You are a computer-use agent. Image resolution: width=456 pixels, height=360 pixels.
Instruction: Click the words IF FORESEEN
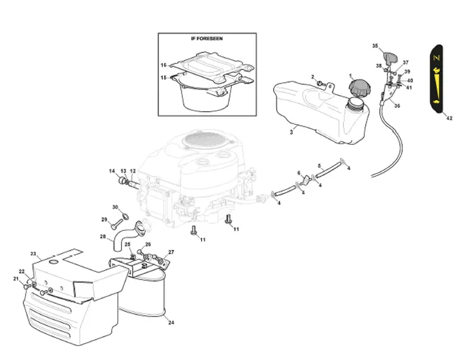click(x=206, y=39)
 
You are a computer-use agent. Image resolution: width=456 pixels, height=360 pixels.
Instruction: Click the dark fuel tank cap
click(x=360, y=88)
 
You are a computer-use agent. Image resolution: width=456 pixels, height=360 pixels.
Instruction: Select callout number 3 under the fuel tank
click(x=291, y=132)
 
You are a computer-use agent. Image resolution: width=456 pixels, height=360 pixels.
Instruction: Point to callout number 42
click(x=449, y=118)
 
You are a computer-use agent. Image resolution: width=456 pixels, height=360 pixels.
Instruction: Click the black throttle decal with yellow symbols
click(x=437, y=78)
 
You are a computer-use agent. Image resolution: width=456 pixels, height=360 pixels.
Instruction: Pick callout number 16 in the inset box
click(x=164, y=65)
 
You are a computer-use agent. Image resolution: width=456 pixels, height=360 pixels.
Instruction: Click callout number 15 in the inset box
click(x=164, y=78)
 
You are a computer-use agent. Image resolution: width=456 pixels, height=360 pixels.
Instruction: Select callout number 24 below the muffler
click(x=171, y=323)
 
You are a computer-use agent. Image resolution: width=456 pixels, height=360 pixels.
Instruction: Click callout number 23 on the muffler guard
click(x=33, y=254)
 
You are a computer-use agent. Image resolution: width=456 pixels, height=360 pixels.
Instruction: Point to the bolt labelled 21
click(x=27, y=287)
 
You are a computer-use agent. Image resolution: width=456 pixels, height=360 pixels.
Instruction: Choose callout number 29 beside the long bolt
click(x=104, y=220)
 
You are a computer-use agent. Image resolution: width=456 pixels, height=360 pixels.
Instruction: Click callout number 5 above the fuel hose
click(x=319, y=166)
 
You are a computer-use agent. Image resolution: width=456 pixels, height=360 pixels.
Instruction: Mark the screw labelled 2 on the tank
click(x=321, y=84)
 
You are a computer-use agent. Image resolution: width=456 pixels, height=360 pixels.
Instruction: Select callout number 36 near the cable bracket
click(x=397, y=106)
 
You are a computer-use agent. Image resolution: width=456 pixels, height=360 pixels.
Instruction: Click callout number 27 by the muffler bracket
click(x=171, y=252)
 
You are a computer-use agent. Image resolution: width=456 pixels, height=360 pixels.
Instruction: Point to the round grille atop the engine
click(x=203, y=140)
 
